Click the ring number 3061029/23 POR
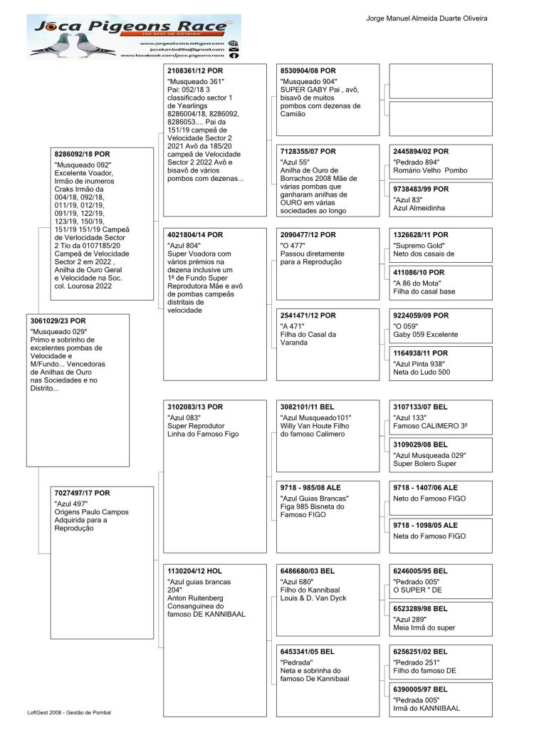[x=58, y=321]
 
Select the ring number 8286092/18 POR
[x=83, y=153]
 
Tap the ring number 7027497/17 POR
[x=83, y=492]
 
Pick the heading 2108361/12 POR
[x=194, y=71]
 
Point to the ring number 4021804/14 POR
[x=194, y=234]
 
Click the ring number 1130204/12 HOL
[x=194, y=571]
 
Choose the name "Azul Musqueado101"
[x=316, y=417]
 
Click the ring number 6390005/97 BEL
[x=420, y=689]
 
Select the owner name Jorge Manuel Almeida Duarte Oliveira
[x=426, y=17]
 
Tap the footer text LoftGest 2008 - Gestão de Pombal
[x=69, y=712]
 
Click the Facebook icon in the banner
[x=234, y=55]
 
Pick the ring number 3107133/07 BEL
[x=420, y=407]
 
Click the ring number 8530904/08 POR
[x=308, y=71]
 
